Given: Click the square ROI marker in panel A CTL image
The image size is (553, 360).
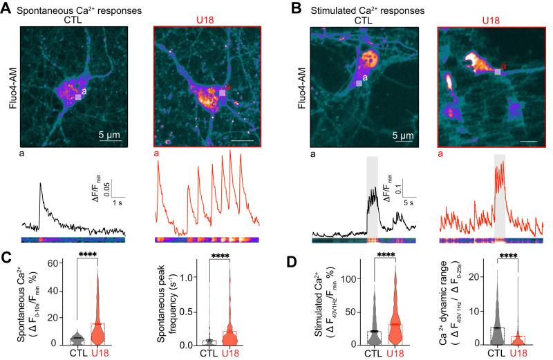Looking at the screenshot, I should (78, 97).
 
